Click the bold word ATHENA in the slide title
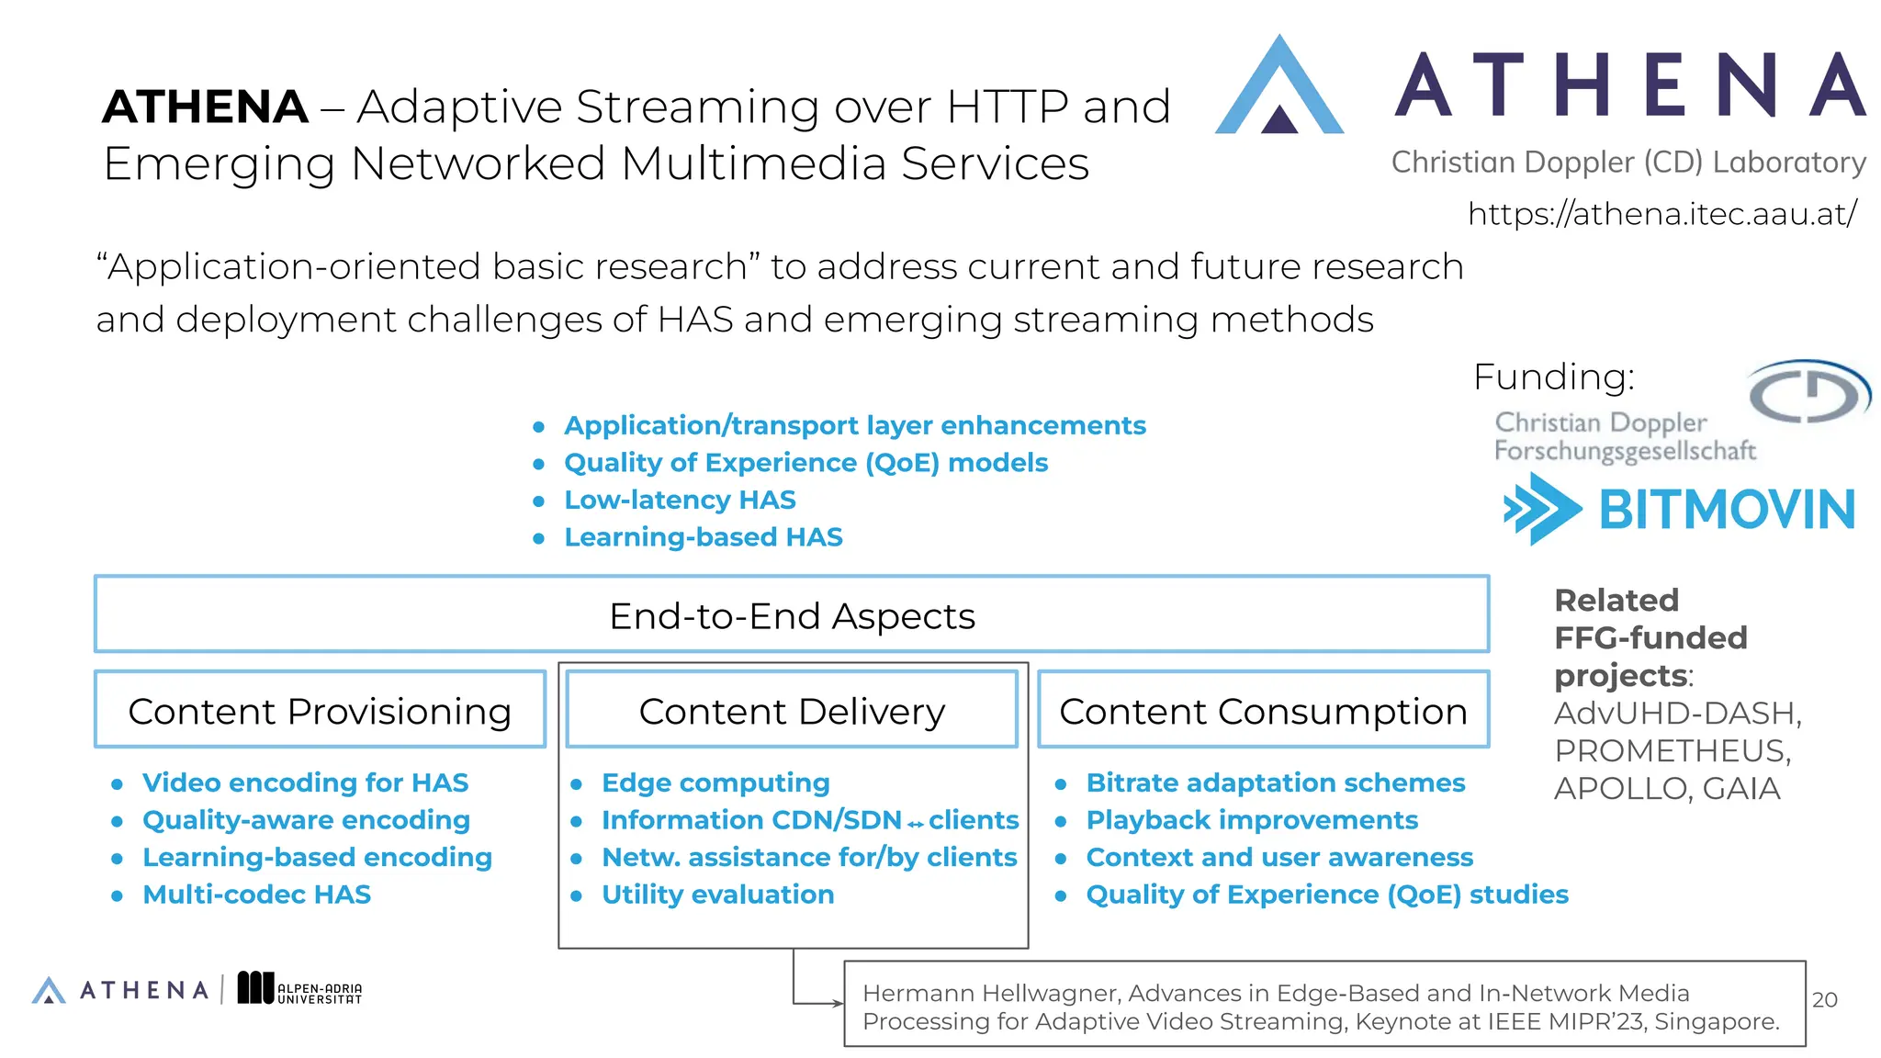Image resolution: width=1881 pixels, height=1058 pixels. (205, 107)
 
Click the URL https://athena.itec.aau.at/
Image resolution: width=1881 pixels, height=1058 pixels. (1661, 214)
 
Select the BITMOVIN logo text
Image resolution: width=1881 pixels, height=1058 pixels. (1726, 510)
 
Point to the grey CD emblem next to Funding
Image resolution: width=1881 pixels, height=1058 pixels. (1807, 392)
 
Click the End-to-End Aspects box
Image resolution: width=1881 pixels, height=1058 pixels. (791, 615)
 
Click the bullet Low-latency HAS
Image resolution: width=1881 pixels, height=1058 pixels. (680, 500)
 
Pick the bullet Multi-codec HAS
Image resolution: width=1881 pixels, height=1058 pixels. (256, 895)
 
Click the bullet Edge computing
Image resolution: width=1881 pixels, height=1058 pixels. (715, 782)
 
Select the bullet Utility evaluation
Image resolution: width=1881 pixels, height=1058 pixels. (717, 895)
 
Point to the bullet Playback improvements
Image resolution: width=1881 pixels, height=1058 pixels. (1252, 820)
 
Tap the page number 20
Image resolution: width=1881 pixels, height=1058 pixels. (1824, 1000)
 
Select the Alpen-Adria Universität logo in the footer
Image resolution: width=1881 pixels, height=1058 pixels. (299, 989)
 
